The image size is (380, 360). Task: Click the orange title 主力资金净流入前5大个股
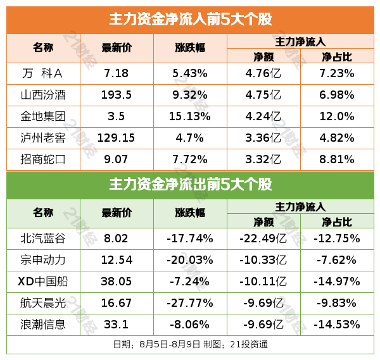pos(190,20)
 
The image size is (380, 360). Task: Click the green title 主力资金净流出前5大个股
pos(190,185)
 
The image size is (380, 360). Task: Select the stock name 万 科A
pos(44,73)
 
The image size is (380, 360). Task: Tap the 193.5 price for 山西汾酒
pos(117,95)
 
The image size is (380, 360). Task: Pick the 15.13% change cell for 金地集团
pos(190,116)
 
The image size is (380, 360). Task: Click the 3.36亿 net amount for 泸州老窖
pos(263,138)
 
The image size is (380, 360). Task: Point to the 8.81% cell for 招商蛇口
pos(338,159)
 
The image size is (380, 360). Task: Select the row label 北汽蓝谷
pos(44,239)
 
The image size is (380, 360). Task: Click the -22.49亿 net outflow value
pos(263,239)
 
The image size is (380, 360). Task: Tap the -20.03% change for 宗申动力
pos(190,260)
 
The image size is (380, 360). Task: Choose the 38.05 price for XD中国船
pos(117,282)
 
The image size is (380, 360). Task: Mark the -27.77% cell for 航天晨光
pos(190,303)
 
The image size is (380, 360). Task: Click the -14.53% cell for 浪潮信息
pos(338,325)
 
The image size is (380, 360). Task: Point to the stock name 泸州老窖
pos(44,138)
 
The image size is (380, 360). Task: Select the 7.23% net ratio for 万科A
pos(338,73)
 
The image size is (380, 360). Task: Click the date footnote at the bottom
pos(190,345)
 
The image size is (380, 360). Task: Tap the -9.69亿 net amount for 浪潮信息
pos(263,325)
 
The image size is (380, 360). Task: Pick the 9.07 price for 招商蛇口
pos(117,159)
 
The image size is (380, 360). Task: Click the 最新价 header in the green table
pos(117,213)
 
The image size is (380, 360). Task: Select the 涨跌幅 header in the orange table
pos(190,47)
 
